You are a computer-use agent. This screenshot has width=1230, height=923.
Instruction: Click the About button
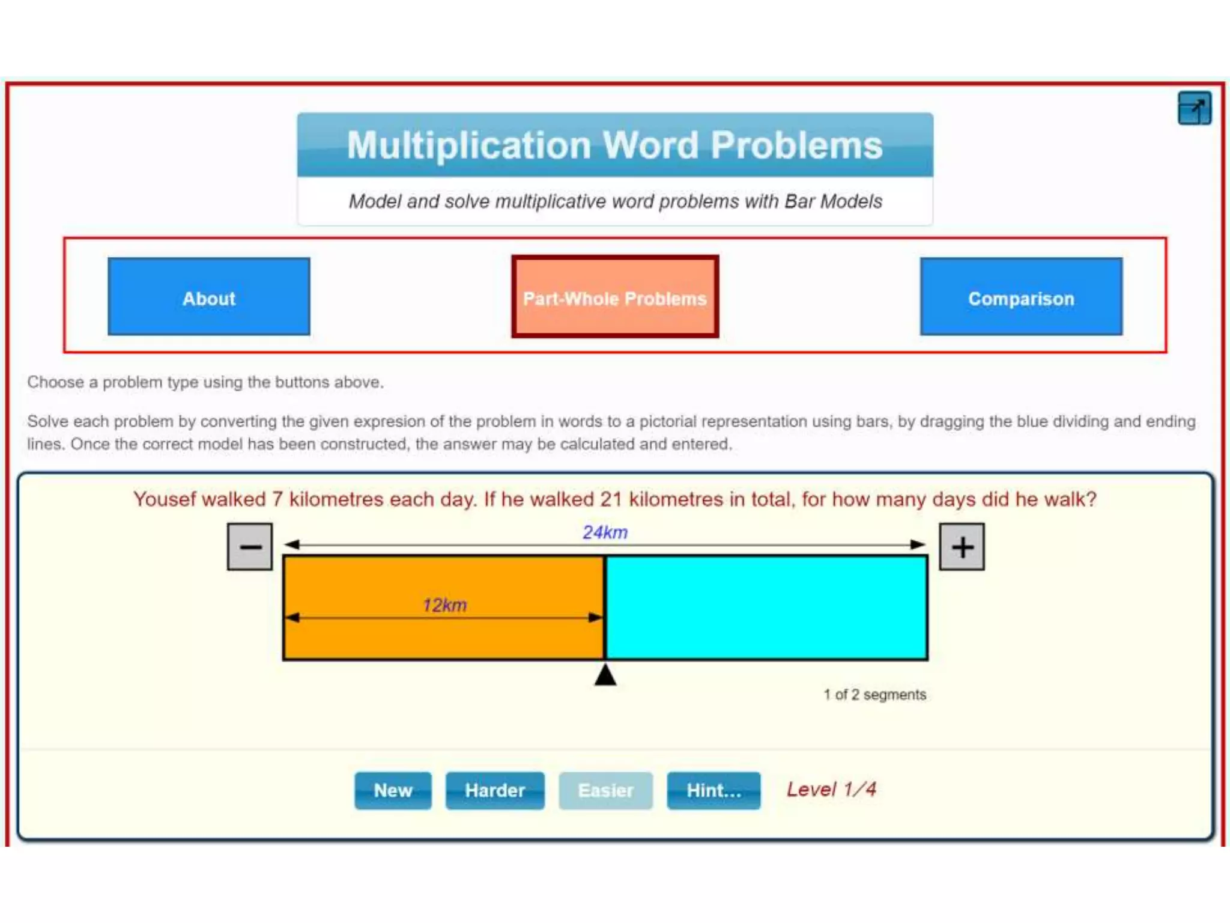coord(208,297)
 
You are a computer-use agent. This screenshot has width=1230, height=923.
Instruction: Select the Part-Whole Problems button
coord(615,297)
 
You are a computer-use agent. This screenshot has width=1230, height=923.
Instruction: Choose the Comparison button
coord(1020,297)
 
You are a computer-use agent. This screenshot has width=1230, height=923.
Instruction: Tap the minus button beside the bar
coord(250,546)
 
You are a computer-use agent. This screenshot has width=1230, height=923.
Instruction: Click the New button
coord(393,790)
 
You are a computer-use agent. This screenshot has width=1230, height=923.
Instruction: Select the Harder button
coord(495,790)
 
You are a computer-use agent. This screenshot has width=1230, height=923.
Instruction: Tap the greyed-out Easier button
coord(605,790)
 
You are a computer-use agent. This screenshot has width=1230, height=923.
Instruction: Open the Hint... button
coord(713,790)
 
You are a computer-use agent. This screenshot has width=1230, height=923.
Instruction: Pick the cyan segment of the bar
coord(766,608)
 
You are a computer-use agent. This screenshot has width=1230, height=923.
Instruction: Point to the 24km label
coord(605,532)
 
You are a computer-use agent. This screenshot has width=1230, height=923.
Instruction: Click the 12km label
coord(444,605)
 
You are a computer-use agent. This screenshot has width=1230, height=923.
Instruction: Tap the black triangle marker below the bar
coord(605,675)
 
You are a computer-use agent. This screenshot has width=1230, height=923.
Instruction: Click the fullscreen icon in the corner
coord(1194,109)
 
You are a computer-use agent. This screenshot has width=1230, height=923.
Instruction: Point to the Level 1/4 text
coord(831,789)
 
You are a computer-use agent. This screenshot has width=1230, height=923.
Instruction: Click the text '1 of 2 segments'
coord(874,695)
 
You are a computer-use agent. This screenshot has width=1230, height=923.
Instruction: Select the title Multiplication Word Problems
coord(615,145)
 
